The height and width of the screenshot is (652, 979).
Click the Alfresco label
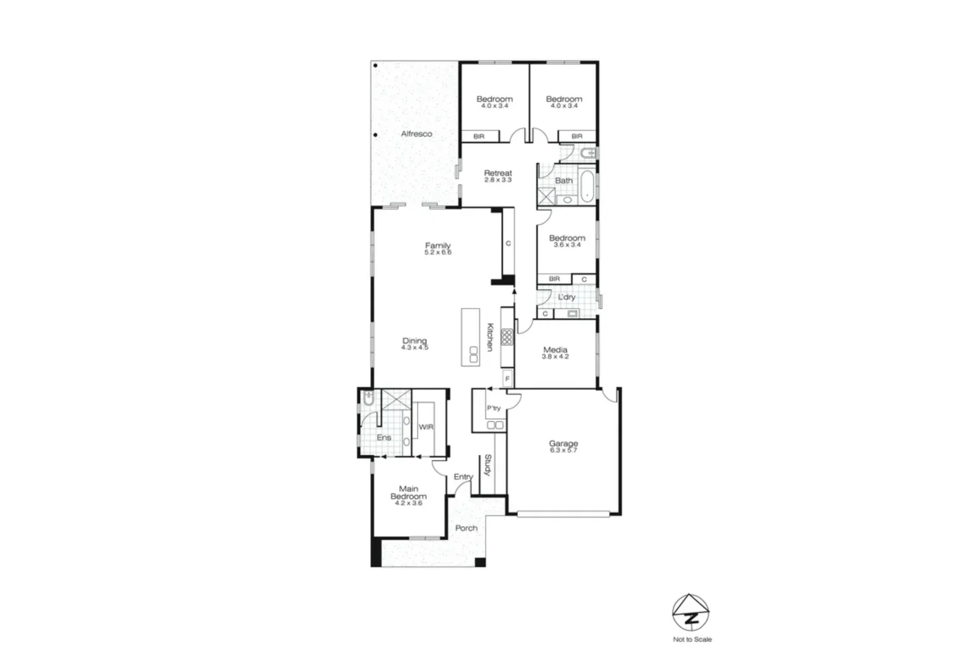(416, 134)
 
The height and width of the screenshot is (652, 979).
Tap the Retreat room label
(497, 176)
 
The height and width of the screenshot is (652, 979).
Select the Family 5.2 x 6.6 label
(438, 248)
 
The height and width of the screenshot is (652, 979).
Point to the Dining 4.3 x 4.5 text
(415, 344)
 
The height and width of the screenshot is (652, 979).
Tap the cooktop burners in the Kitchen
(507, 337)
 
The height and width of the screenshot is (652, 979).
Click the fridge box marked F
(507, 379)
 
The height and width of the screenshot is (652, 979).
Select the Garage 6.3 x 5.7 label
(563, 446)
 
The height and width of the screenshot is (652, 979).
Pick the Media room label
(555, 353)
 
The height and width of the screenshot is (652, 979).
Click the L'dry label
(566, 297)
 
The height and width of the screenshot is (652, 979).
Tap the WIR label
(426, 427)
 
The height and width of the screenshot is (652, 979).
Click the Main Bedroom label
(409, 495)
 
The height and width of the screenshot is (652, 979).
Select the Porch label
(466, 528)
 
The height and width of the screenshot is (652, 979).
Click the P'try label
(494, 409)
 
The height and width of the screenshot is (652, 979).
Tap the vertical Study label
(488, 465)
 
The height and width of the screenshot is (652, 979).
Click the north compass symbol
(691, 613)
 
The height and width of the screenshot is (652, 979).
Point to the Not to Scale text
(692, 639)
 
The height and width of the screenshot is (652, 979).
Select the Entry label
(463, 477)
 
